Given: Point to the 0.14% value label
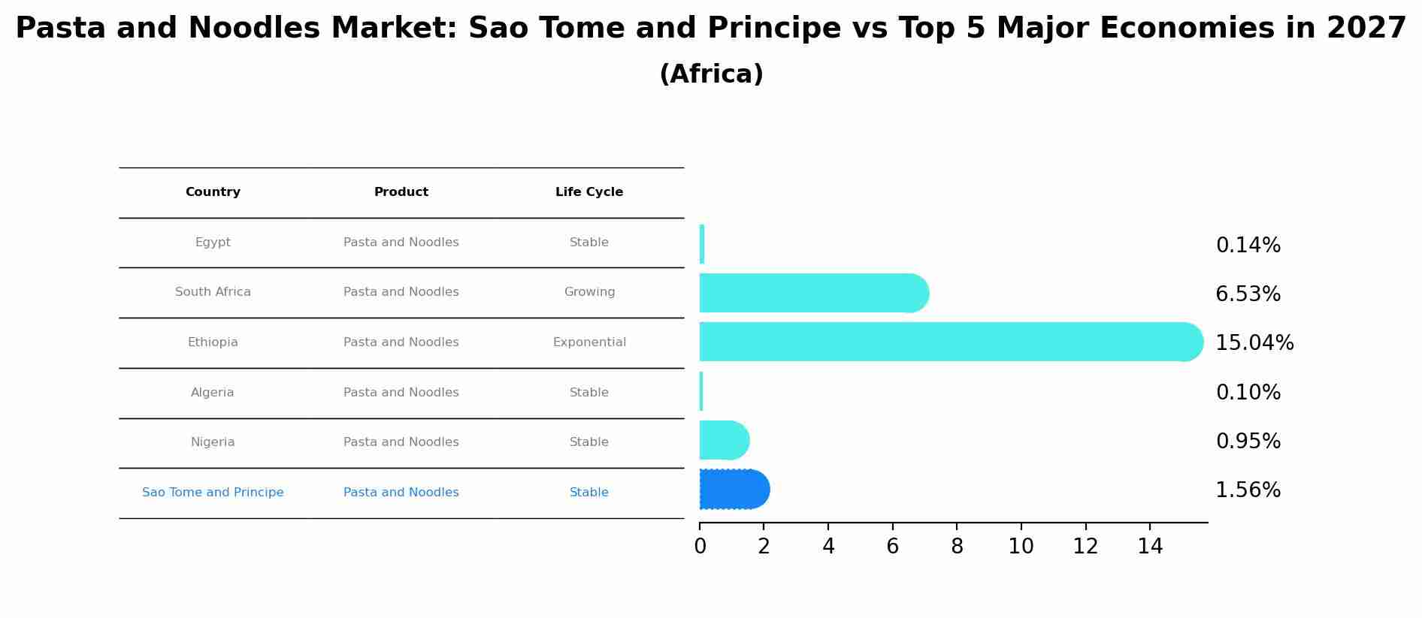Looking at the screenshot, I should tap(1248, 246).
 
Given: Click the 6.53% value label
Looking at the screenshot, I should tap(1248, 294).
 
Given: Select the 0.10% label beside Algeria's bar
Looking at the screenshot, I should tap(1248, 393).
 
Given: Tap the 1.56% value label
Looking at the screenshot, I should tap(1248, 490).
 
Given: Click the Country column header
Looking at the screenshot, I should tap(213, 192).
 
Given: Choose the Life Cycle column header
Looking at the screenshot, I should tap(589, 192).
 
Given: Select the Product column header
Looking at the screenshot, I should tap(401, 192).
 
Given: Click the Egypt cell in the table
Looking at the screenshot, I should tap(213, 243).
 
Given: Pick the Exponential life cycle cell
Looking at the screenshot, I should tap(589, 342).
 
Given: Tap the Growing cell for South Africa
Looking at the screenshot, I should tap(589, 292).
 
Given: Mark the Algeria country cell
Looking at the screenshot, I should tap(213, 393).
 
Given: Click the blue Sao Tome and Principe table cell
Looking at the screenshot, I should tap(213, 493).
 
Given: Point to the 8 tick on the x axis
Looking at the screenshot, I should tap(957, 547).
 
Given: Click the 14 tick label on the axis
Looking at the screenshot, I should tap(1150, 547).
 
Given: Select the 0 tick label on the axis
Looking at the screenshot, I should tap(700, 547).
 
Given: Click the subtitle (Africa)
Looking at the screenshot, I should tap(711, 74).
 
